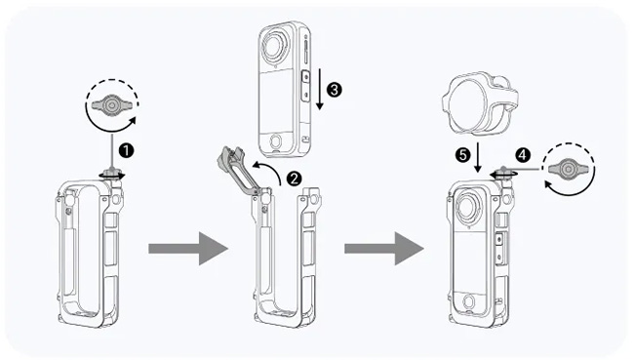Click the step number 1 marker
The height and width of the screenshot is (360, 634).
click(x=127, y=151)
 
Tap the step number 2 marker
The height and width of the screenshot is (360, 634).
click(x=294, y=179)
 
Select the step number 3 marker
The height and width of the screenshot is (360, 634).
click(x=334, y=90)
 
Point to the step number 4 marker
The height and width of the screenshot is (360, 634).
click(x=523, y=154)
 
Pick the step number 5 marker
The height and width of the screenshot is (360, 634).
click(x=462, y=154)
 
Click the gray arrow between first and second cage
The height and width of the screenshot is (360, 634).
click(x=188, y=249)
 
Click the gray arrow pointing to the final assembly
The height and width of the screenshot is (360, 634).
click(x=384, y=249)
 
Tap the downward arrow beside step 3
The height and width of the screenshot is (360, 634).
click(x=320, y=89)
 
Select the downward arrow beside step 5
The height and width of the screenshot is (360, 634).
click(x=478, y=157)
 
